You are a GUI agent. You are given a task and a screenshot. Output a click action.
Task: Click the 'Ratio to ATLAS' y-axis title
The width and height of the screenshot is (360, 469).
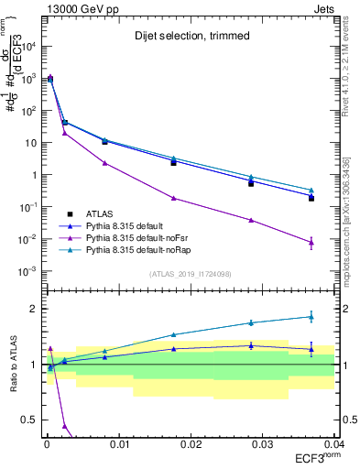(12, 364)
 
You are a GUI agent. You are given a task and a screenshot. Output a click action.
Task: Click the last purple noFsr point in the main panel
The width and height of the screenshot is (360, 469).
(311, 243)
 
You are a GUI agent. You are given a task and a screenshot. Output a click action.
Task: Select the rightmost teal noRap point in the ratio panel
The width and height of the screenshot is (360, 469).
(311, 317)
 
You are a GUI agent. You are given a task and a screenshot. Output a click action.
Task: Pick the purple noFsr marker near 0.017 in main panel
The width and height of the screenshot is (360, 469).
(173, 198)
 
